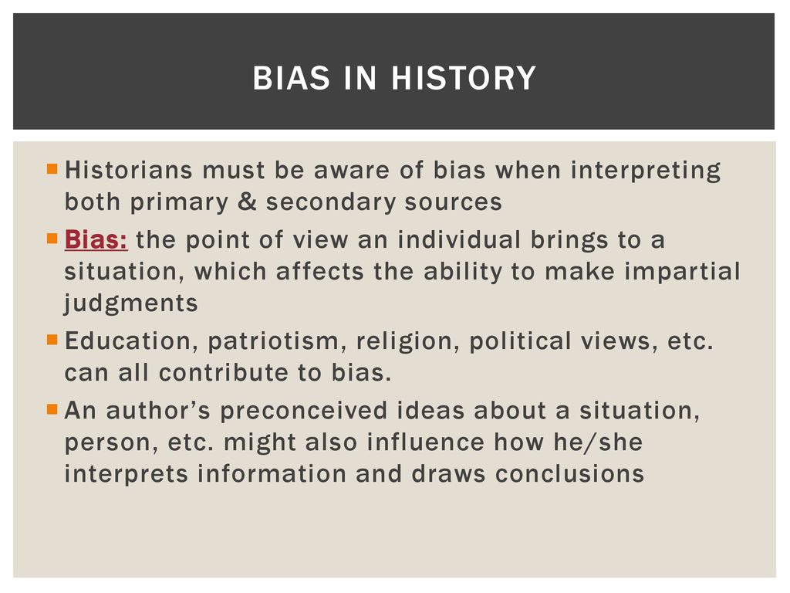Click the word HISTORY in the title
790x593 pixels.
(x=464, y=78)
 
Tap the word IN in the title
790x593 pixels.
(x=360, y=78)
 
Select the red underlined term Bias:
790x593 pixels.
(x=96, y=239)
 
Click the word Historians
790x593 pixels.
(x=129, y=170)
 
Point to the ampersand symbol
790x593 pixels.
(x=247, y=202)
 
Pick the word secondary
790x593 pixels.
(x=330, y=202)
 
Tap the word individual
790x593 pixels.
(x=458, y=239)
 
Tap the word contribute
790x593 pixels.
(x=223, y=373)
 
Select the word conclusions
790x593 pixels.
(x=569, y=474)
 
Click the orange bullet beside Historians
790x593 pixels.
(x=52, y=168)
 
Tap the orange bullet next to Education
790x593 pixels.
(x=52, y=339)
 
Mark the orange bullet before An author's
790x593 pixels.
(x=52, y=408)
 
